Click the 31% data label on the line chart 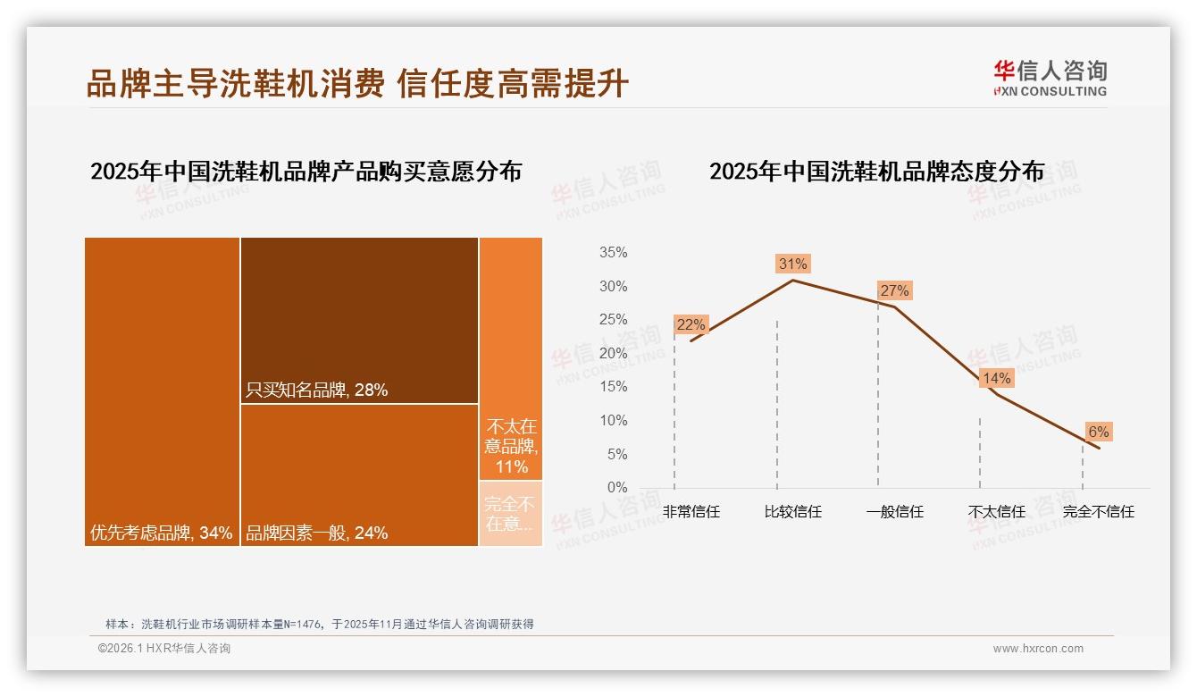pos(792,264)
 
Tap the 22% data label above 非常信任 pos(691,324)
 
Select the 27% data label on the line pos(894,290)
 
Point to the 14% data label pos(996,378)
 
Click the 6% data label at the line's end pos(1098,432)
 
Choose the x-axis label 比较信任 pos(792,512)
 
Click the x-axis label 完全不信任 pos(1098,512)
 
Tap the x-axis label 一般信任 pos(894,512)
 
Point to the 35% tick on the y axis pos(613,253)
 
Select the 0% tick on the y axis pos(617,488)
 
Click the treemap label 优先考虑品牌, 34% pos(161,533)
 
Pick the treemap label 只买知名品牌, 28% pos(316,390)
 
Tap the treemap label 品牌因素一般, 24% pos(316,533)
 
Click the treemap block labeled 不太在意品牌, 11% pos(511,446)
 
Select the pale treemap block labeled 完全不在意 pos(511,514)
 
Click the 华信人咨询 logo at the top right pos(1050,78)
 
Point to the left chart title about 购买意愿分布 pos(306,172)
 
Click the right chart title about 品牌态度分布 pos(876,172)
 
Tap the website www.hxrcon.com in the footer pos(1038,649)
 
